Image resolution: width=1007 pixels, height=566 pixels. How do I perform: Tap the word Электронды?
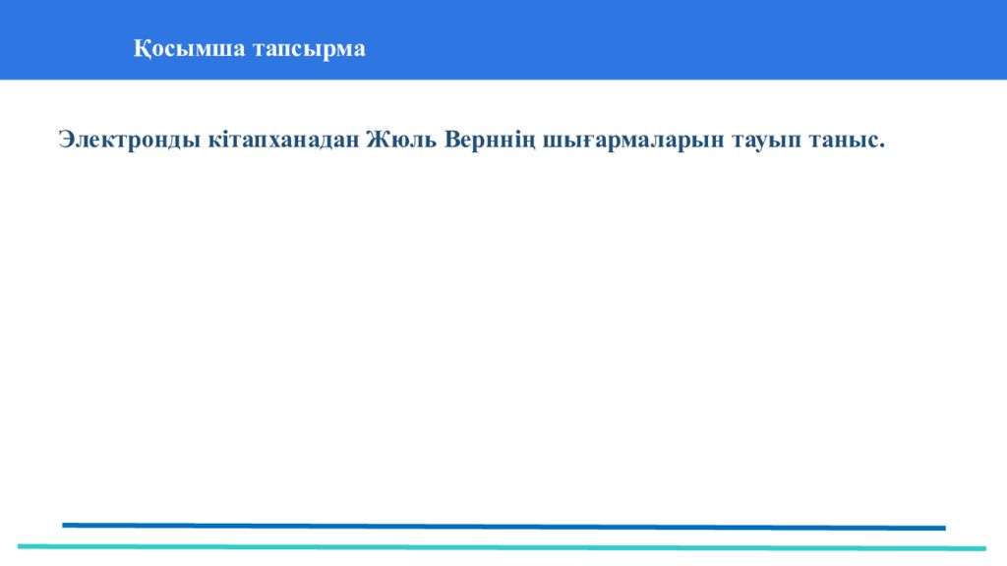(131, 141)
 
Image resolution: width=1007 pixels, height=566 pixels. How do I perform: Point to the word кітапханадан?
(284, 141)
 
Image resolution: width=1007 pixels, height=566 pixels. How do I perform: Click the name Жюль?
(402, 141)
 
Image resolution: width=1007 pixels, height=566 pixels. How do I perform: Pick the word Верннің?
(489, 141)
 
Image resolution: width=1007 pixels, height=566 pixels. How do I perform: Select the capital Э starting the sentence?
(66, 141)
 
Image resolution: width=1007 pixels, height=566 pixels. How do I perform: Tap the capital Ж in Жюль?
(377, 141)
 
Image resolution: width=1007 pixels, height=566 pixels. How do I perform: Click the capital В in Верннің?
(452, 141)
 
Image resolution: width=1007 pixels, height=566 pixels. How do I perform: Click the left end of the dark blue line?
(65, 525)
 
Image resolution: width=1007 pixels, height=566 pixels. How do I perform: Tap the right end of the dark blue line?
(943, 528)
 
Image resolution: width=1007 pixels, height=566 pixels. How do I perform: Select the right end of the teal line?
(983, 548)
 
